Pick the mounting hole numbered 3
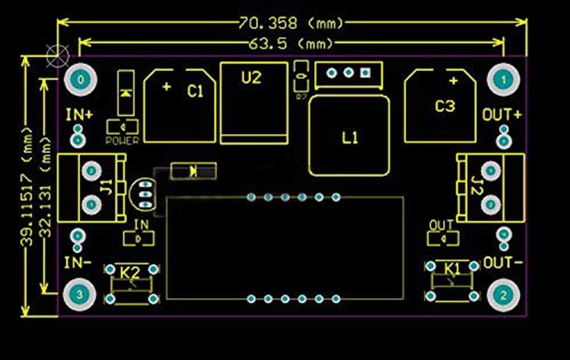79,294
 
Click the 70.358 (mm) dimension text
291,23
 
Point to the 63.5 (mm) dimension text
291,43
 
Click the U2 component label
251,77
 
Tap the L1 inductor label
350,137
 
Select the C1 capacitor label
196,91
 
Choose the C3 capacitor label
445,106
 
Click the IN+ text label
79,114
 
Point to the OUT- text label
503,263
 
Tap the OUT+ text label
502,114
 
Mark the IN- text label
78,263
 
